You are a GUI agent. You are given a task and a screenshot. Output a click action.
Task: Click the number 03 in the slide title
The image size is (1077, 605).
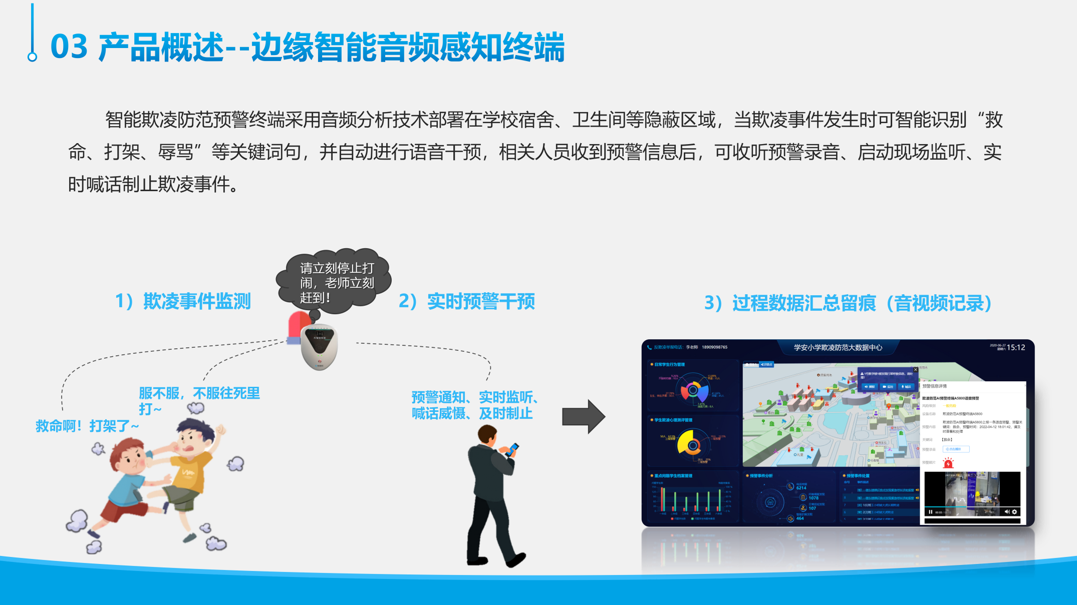pyautogui.click(x=69, y=47)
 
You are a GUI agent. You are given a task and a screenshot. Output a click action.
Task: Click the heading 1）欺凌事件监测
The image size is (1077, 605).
pyautogui.click(x=183, y=301)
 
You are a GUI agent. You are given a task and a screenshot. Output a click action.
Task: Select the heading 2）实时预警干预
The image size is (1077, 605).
pyautogui.click(x=466, y=301)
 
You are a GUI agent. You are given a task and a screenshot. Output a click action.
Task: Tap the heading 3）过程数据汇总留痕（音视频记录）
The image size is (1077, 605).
pyautogui.click(x=848, y=303)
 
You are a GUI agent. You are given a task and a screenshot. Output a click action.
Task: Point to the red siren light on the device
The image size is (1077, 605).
pyautogui.click(x=299, y=326)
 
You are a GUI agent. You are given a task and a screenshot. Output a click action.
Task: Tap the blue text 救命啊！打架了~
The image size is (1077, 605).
pyautogui.click(x=87, y=426)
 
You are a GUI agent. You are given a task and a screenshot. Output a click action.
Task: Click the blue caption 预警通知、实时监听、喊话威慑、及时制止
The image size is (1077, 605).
pyautogui.click(x=474, y=405)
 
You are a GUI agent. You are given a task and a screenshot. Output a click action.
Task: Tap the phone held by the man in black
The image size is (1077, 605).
pyautogui.click(x=512, y=449)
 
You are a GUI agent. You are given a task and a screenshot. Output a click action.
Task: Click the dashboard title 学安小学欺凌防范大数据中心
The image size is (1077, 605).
pyautogui.click(x=838, y=347)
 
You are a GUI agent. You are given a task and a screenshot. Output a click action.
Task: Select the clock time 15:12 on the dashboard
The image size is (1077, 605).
pyautogui.click(x=1016, y=347)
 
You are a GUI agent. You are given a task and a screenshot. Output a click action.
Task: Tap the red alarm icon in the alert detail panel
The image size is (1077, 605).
pyautogui.click(x=948, y=463)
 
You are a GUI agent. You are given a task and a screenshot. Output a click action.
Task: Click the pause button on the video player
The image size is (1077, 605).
pyautogui.click(x=930, y=512)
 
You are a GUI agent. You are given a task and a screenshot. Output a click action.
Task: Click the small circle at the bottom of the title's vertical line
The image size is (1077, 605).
pyautogui.click(x=33, y=57)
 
